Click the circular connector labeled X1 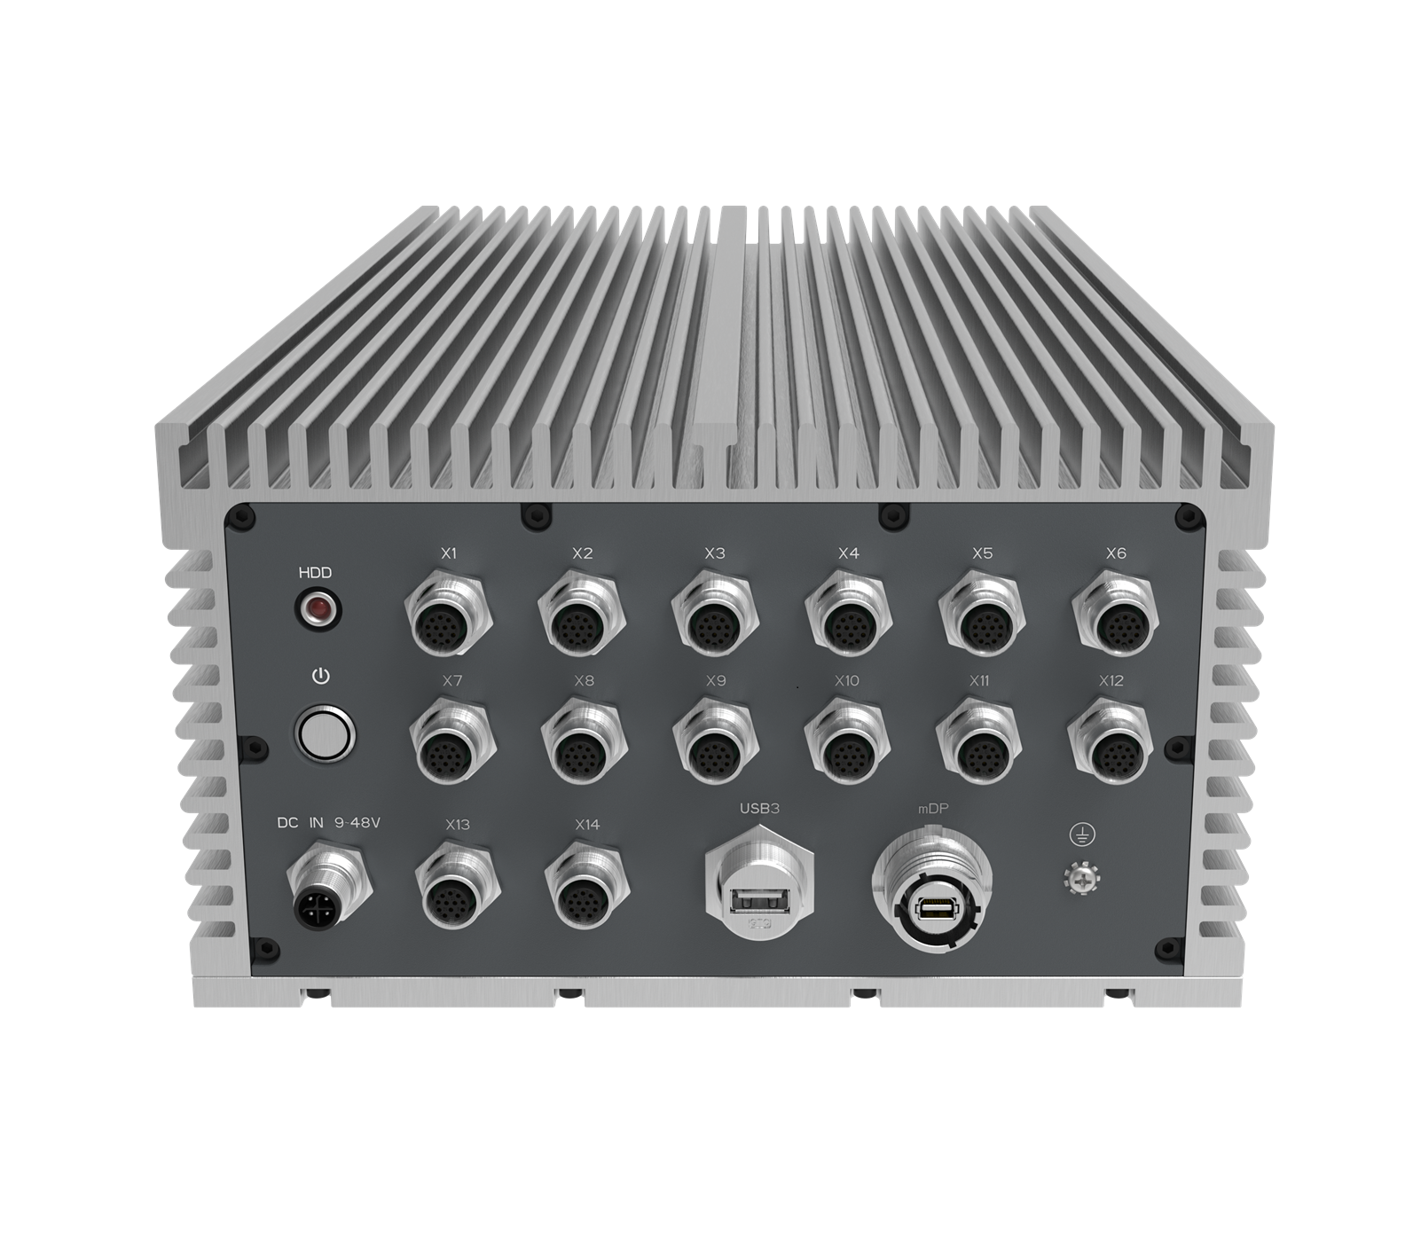point(448,613)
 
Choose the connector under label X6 point(1115,614)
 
